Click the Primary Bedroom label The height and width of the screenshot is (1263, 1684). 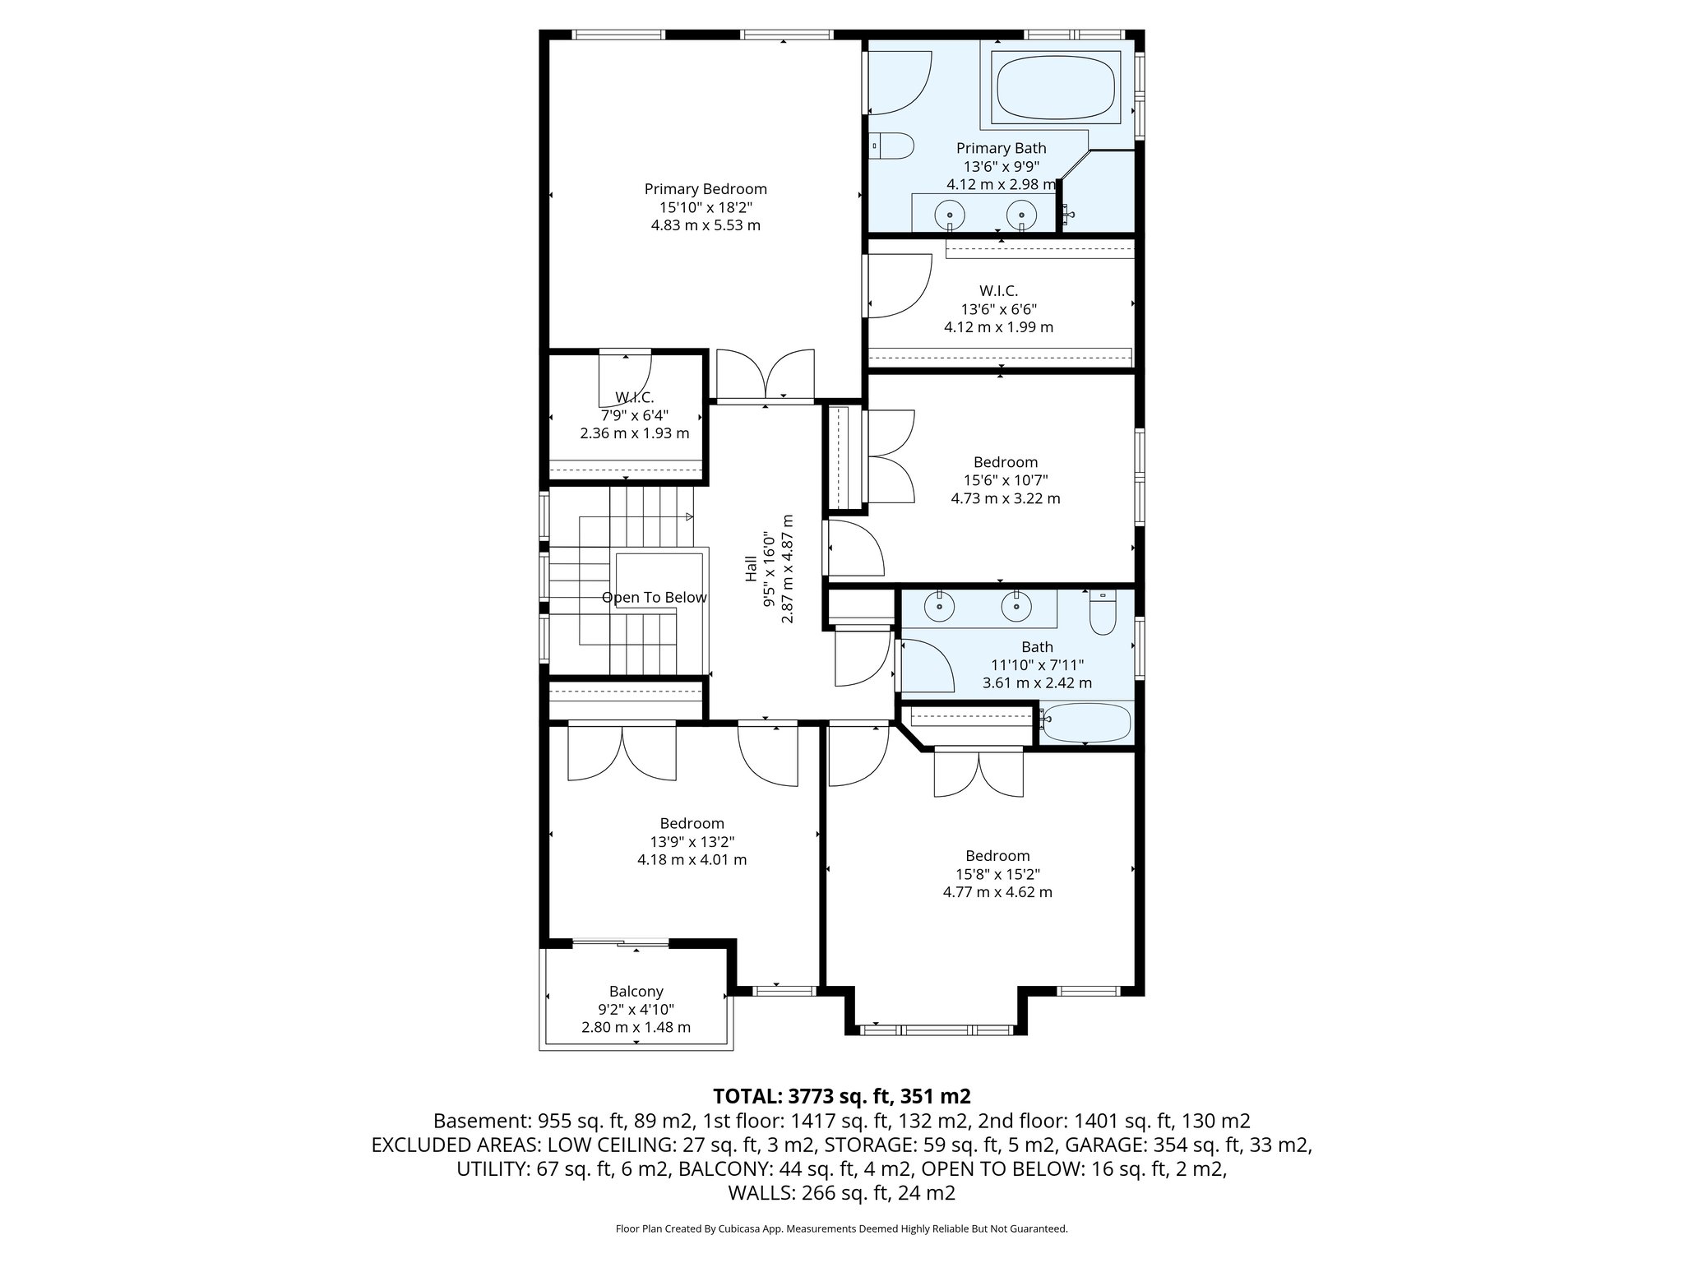pyautogui.click(x=706, y=189)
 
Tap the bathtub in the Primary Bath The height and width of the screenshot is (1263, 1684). pyautogui.click(x=1056, y=88)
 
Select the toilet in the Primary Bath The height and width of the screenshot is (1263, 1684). pyautogui.click(x=893, y=146)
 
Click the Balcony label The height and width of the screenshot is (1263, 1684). pyautogui.click(x=636, y=992)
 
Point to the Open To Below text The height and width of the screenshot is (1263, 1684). pyautogui.click(x=654, y=598)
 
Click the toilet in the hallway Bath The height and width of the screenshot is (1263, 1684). pyautogui.click(x=1102, y=614)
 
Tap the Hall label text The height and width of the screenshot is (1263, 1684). pyautogui.click(x=751, y=568)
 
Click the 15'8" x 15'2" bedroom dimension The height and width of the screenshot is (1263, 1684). pyautogui.click(x=997, y=874)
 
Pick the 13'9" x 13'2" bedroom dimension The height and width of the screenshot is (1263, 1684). pyautogui.click(x=692, y=842)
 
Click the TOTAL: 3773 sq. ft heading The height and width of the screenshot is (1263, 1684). pyautogui.click(x=841, y=1096)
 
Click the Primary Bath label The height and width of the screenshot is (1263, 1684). pyautogui.click(x=1001, y=148)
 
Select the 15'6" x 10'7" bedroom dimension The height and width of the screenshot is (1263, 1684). pyautogui.click(x=1005, y=480)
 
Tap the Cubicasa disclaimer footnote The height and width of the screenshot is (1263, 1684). pyautogui.click(x=841, y=1228)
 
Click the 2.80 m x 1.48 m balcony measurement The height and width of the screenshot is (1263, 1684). pyautogui.click(x=636, y=1027)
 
